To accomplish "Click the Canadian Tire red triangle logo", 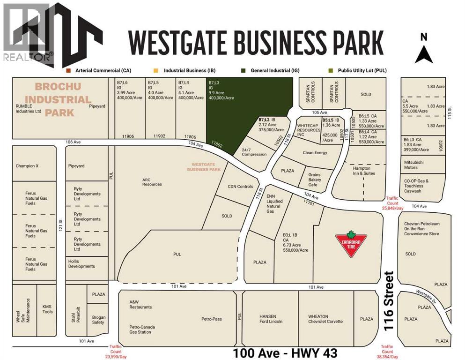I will [x=350, y=244].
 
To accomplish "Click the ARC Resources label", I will [x=152, y=181].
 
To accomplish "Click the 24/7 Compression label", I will [x=254, y=152].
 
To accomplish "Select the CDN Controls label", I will [x=240, y=187].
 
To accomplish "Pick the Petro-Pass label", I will [x=212, y=319].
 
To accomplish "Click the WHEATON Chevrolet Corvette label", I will [x=325, y=319].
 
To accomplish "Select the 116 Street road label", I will [x=388, y=301].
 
